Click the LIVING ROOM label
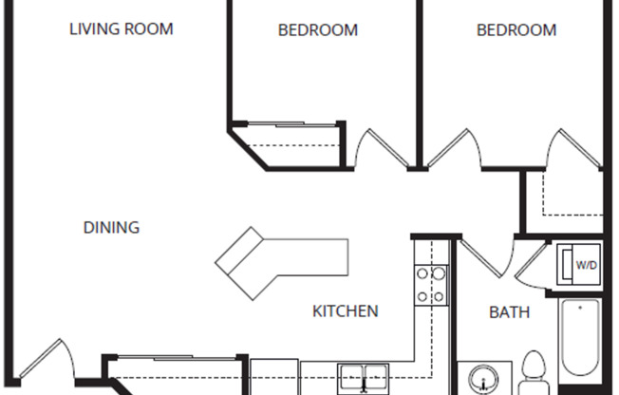pos(122,28)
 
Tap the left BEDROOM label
pos(318,30)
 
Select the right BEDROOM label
pos(516,30)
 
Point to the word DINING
pos(111,228)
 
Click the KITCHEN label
pos(347,310)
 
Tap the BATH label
pos(509,311)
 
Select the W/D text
pos(586,265)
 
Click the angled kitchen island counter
pos(281,260)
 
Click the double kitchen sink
pos(364,377)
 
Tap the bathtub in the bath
pos(579,342)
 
